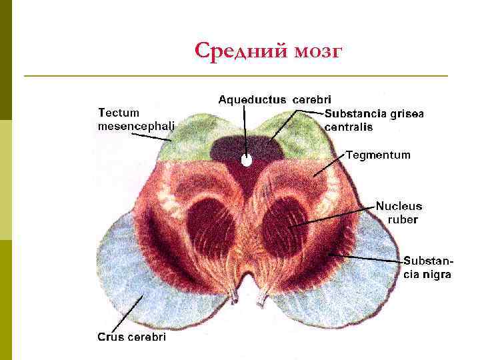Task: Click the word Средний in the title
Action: pos(241,51)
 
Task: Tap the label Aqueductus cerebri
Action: pos(275,100)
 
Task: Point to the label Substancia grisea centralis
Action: pos(374,120)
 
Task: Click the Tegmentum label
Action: pos(378,155)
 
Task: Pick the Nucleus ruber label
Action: pos(399,213)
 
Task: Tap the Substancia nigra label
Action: pos(427,267)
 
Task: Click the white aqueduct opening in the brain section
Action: pos(246,161)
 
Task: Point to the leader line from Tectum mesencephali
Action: pos(151,135)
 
